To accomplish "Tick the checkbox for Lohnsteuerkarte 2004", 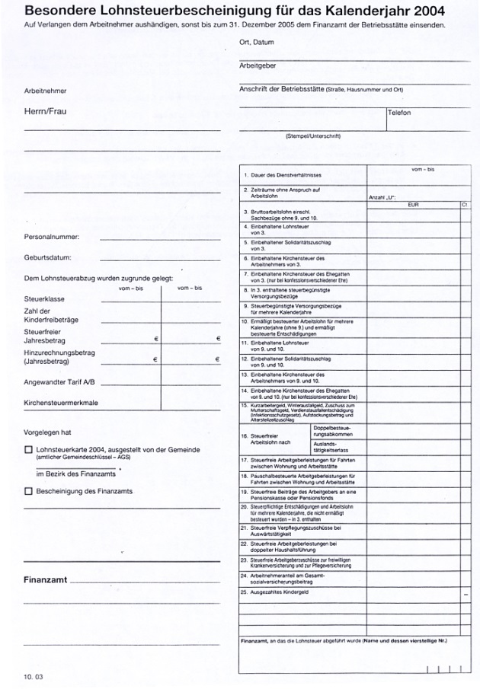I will (x=28, y=450).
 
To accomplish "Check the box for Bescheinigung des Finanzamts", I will (x=28, y=491).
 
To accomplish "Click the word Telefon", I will (x=399, y=113).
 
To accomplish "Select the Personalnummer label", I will (x=52, y=236).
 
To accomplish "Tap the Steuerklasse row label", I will (x=44, y=299).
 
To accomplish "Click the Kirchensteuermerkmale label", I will (x=61, y=402).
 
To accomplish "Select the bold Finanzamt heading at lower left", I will (x=46, y=580).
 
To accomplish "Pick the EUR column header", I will (x=413, y=204).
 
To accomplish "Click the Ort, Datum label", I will (x=256, y=43).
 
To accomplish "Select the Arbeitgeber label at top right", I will (x=258, y=65).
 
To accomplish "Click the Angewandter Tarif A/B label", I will (x=60, y=381).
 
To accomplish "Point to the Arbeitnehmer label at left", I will (x=46, y=91).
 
